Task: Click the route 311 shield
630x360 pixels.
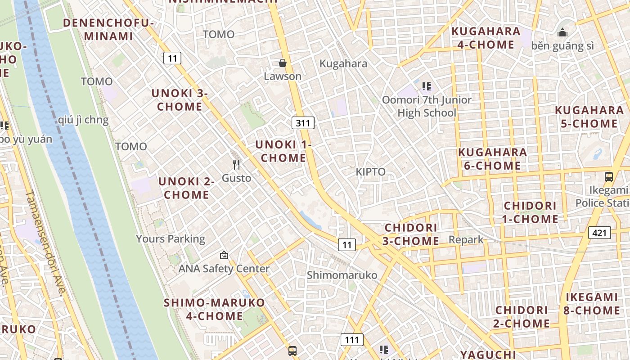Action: pyautogui.click(x=303, y=123)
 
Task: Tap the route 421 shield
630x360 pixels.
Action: pyautogui.click(x=599, y=233)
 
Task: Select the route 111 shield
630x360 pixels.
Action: pyautogui.click(x=351, y=339)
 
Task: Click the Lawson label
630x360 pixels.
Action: pyautogui.click(x=283, y=76)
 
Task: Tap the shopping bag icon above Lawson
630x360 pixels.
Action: pyautogui.click(x=283, y=63)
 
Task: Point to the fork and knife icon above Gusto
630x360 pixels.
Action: pyautogui.click(x=236, y=165)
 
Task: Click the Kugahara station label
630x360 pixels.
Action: pyautogui.click(x=343, y=63)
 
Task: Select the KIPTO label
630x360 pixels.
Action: pyautogui.click(x=370, y=171)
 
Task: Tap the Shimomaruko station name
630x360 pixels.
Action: pyautogui.click(x=342, y=274)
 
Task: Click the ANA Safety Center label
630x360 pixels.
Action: pyautogui.click(x=224, y=269)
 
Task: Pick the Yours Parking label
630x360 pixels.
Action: pyautogui.click(x=171, y=238)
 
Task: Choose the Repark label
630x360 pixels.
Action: pyautogui.click(x=466, y=239)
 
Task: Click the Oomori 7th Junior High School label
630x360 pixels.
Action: pyautogui.click(x=427, y=106)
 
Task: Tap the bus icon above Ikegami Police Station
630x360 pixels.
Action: pyautogui.click(x=609, y=177)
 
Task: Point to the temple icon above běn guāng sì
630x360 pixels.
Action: pyautogui.click(x=562, y=33)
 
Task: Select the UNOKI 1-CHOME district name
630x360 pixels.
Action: pyautogui.click(x=283, y=151)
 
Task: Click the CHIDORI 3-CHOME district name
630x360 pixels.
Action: pyautogui.click(x=411, y=234)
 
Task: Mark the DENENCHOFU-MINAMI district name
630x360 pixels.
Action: pyautogui.click(x=108, y=30)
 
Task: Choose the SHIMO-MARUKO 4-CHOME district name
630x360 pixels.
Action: pyautogui.click(x=215, y=309)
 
